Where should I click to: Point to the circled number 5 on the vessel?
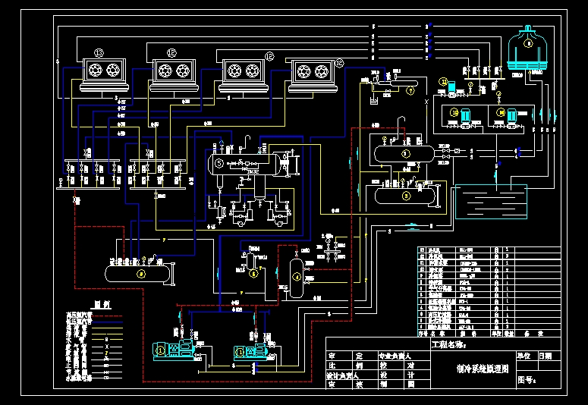click(x=219, y=162)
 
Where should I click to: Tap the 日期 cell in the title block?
click(x=546, y=355)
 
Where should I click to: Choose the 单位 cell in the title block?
click(x=524, y=355)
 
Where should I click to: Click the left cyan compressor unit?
click(x=174, y=350)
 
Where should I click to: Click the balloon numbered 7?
click(x=410, y=90)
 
